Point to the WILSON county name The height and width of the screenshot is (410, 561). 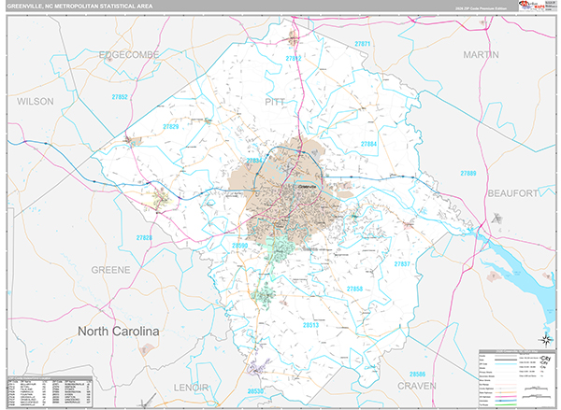(36, 100)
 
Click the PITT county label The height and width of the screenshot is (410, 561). (275, 100)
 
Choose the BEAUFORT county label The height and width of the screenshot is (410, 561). (512, 192)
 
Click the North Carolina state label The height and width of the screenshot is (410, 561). (119, 332)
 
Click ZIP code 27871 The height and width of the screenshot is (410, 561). (363, 44)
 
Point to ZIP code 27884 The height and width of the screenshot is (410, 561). (368, 145)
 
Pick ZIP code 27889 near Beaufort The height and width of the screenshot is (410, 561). (467, 175)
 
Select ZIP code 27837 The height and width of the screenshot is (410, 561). (402, 264)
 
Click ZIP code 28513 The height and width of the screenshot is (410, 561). (311, 326)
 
